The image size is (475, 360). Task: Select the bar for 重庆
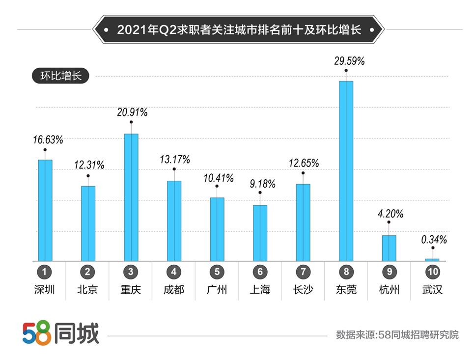pyautogui.click(x=131, y=197)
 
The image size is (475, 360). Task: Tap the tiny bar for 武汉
pyautogui.click(x=432, y=259)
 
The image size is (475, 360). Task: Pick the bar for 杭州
pyautogui.click(x=389, y=248)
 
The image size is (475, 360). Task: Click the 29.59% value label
pyautogui.click(x=349, y=61)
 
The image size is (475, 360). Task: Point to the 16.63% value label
pyautogui.click(x=48, y=140)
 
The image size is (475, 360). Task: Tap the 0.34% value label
pyautogui.click(x=434, y=240)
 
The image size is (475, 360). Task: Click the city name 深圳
pyautogui.click(x=45, y=290)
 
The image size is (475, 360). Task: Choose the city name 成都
pyautogui.click(x=174, y=290)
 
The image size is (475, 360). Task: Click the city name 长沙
pyautogui.click(x=303, y=290)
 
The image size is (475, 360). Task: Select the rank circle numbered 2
pyautogui.click(x=88, y=272)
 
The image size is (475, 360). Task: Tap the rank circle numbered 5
pyautogui.click(x=217, y=272)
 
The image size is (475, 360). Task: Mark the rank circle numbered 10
pyautogui.click(x=432, y=272)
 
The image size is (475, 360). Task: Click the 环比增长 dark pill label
pyautogui.click(x=57, y=76)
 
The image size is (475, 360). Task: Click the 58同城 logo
pyautogui.click(x=60, y=333)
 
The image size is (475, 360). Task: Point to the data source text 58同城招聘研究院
pyautogui.click(x=397, y=335)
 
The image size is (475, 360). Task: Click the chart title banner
pyautogui.click(x=238, y=29)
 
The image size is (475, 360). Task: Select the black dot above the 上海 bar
pyautogui.click(x=260, y=193)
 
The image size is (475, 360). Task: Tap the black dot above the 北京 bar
pyautogui.click(x=88, y=175)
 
